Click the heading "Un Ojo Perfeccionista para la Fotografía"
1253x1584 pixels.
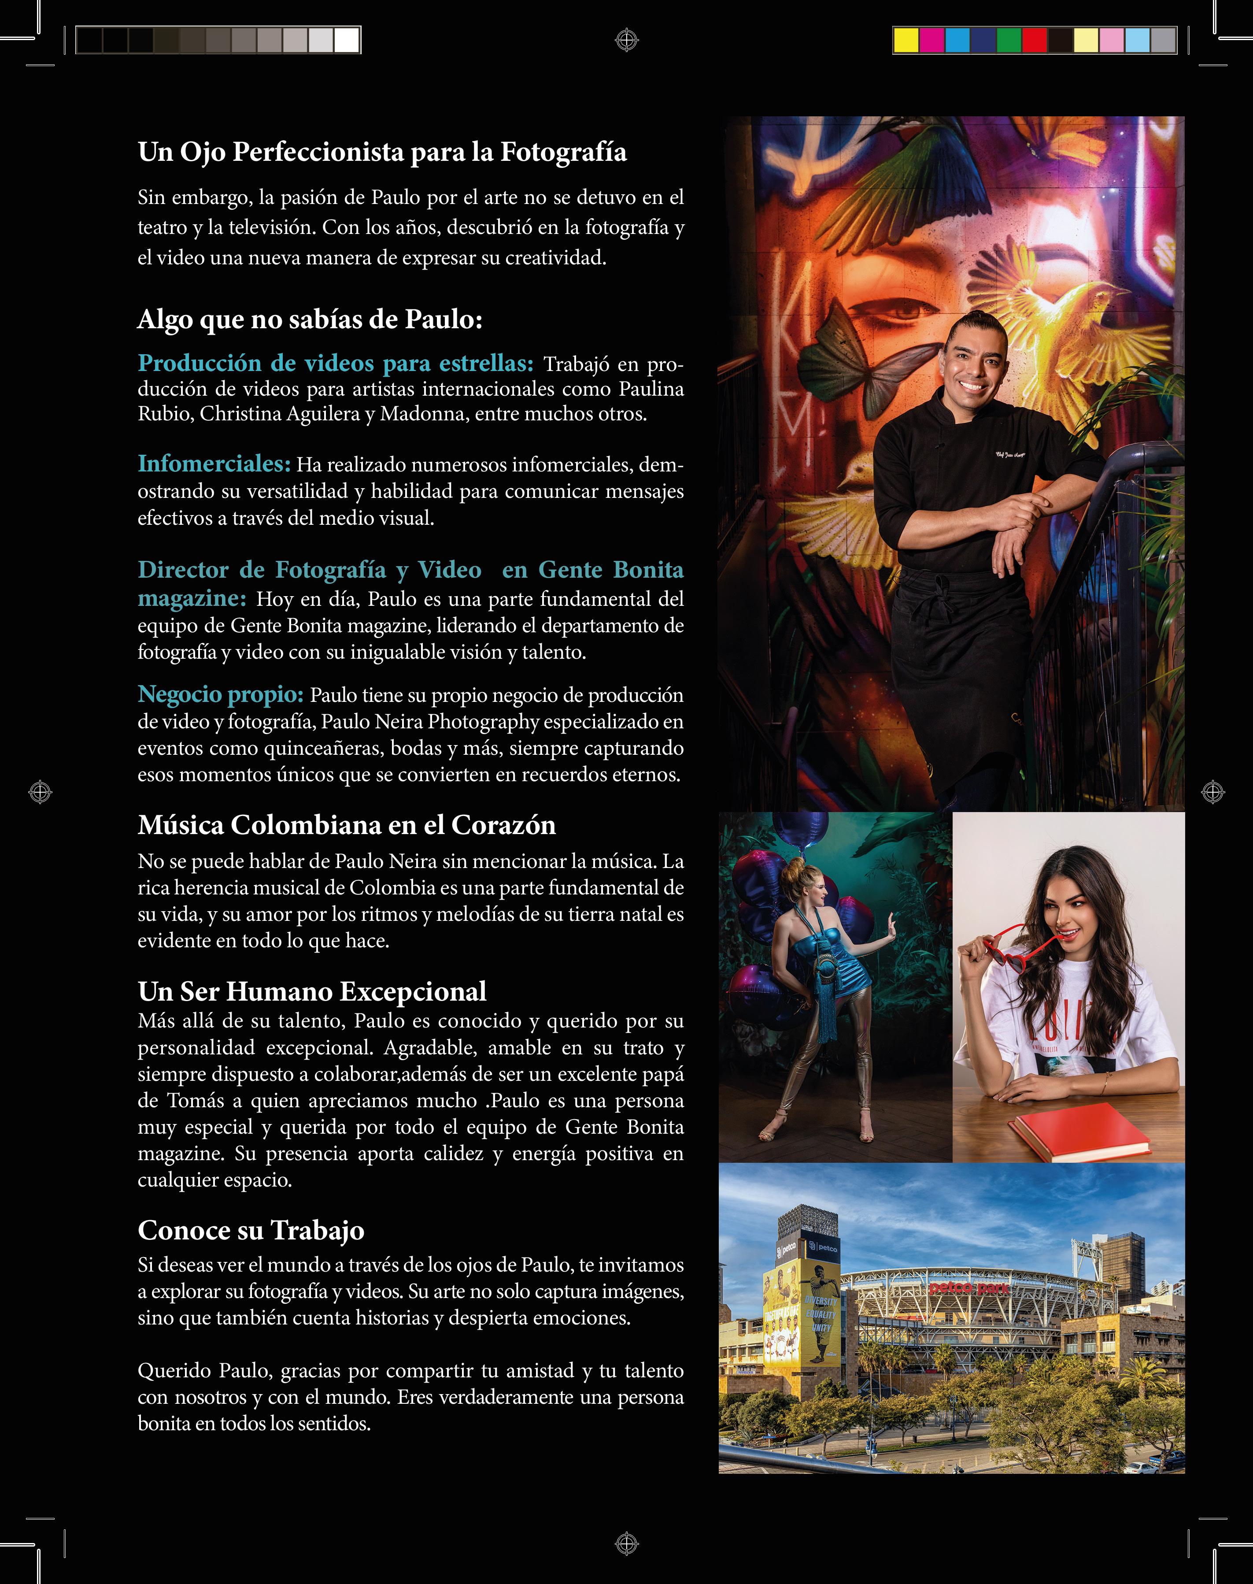pyautogui.click(x=382, y=152)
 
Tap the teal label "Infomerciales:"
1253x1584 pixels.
pyautogui.click(x=214, y=464)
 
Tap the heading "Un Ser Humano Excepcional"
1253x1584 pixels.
pyautogui.click(x=312, y=992)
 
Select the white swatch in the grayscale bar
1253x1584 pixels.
pyautogui.click(x=346, y=41)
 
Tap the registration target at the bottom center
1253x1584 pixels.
pyautogui.click(x=626, y=1543)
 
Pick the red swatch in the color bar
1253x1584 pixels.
pyautogui.click(x=1035, y=41)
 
